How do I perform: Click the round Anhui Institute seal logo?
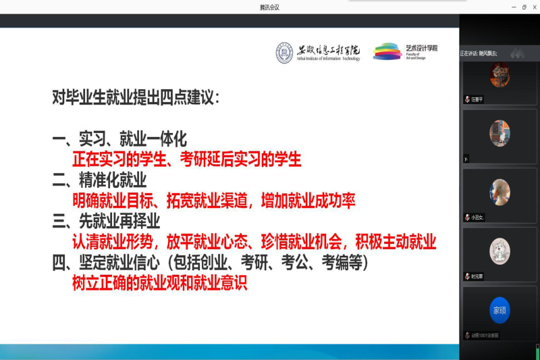click(x=284, y=53)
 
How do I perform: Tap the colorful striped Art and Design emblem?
click(x=387, y=51)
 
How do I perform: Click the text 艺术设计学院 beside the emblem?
click(x=421, y=48)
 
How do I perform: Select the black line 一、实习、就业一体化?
click(x=119, y=140)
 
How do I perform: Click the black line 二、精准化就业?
click(x=99, y=180)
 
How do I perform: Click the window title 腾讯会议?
click(x=269, y=7)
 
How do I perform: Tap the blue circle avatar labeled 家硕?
click(x=500, y=310)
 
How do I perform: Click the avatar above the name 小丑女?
click(x=500, y=192)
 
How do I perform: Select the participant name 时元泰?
click(x=477, y=276)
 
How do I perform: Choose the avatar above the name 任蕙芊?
click(x=500, y=74)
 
